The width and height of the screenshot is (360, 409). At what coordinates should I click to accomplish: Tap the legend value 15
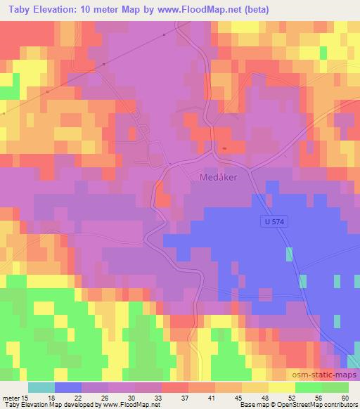point(26,397)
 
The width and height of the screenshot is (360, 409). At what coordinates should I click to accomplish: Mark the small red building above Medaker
point(224,148)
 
